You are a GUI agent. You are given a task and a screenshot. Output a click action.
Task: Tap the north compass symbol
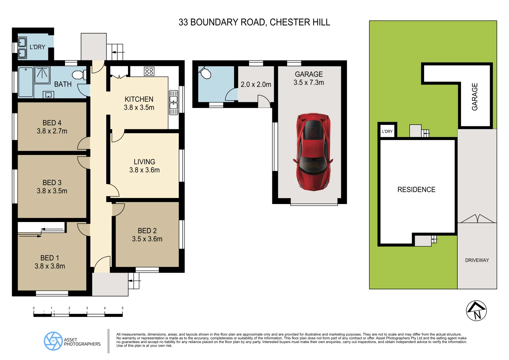(476, 311)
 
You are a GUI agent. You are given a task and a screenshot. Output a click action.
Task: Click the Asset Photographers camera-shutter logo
(53, 341)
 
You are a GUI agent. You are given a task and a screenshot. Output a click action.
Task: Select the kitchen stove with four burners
(149, 71)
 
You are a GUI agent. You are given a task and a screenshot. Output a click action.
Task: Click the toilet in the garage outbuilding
(205, 73)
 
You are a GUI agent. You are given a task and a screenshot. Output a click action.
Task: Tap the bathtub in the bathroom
(26, 82)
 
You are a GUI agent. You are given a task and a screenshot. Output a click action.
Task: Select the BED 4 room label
(52, 123)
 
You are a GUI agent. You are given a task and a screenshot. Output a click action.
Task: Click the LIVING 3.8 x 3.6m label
(144, 166)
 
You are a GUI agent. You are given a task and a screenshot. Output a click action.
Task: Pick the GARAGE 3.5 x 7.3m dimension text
(309, 83)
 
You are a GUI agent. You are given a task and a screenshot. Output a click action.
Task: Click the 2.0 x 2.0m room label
(256, 85)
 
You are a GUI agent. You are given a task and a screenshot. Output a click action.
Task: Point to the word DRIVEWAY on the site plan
(477, 260)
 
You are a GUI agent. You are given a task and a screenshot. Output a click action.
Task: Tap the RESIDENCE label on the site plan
(416, 190)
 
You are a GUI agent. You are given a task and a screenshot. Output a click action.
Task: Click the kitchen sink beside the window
(173, 103)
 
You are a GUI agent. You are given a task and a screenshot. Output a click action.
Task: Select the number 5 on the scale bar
(122, 308)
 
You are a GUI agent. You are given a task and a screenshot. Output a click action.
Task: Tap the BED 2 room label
(147, 231)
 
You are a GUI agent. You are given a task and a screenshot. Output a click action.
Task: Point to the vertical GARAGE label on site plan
(475, 97)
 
